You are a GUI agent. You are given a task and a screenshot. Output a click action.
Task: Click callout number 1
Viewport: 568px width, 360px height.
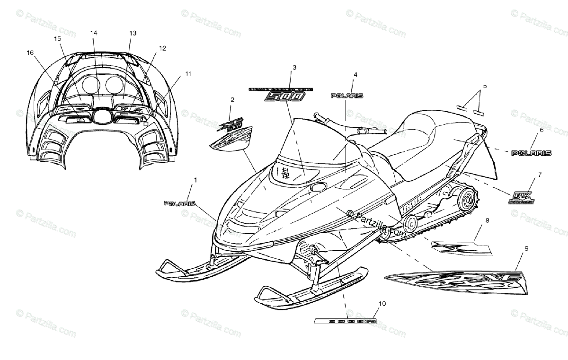tap(195, 180)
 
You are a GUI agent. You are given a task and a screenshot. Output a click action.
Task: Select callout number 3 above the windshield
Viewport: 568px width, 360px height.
tap(294, 68)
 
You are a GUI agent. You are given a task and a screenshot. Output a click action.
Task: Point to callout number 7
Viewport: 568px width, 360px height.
tap(539, 175)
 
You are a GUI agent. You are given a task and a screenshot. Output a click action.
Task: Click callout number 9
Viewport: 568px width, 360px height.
tap(526, 248)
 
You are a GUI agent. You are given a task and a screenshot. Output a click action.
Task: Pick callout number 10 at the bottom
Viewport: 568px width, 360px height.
tap(382, 303)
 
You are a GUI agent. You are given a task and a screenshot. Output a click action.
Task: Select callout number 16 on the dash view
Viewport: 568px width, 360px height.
tap(30, 53)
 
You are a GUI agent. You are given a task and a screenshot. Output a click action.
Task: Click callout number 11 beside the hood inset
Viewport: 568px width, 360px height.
tap(188, 74)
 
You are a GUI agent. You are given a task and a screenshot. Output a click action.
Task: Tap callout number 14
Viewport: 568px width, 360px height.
tap(93, 33)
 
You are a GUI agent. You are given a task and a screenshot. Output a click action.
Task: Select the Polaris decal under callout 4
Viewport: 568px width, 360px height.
tap(346, 96)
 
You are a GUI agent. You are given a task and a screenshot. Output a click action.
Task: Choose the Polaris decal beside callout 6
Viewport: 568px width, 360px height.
tap(532, 153)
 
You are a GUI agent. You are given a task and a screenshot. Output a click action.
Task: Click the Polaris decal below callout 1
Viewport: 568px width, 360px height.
tap(179, 203)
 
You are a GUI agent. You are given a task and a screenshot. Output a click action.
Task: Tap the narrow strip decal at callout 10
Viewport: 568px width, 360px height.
tap(346, 321)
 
